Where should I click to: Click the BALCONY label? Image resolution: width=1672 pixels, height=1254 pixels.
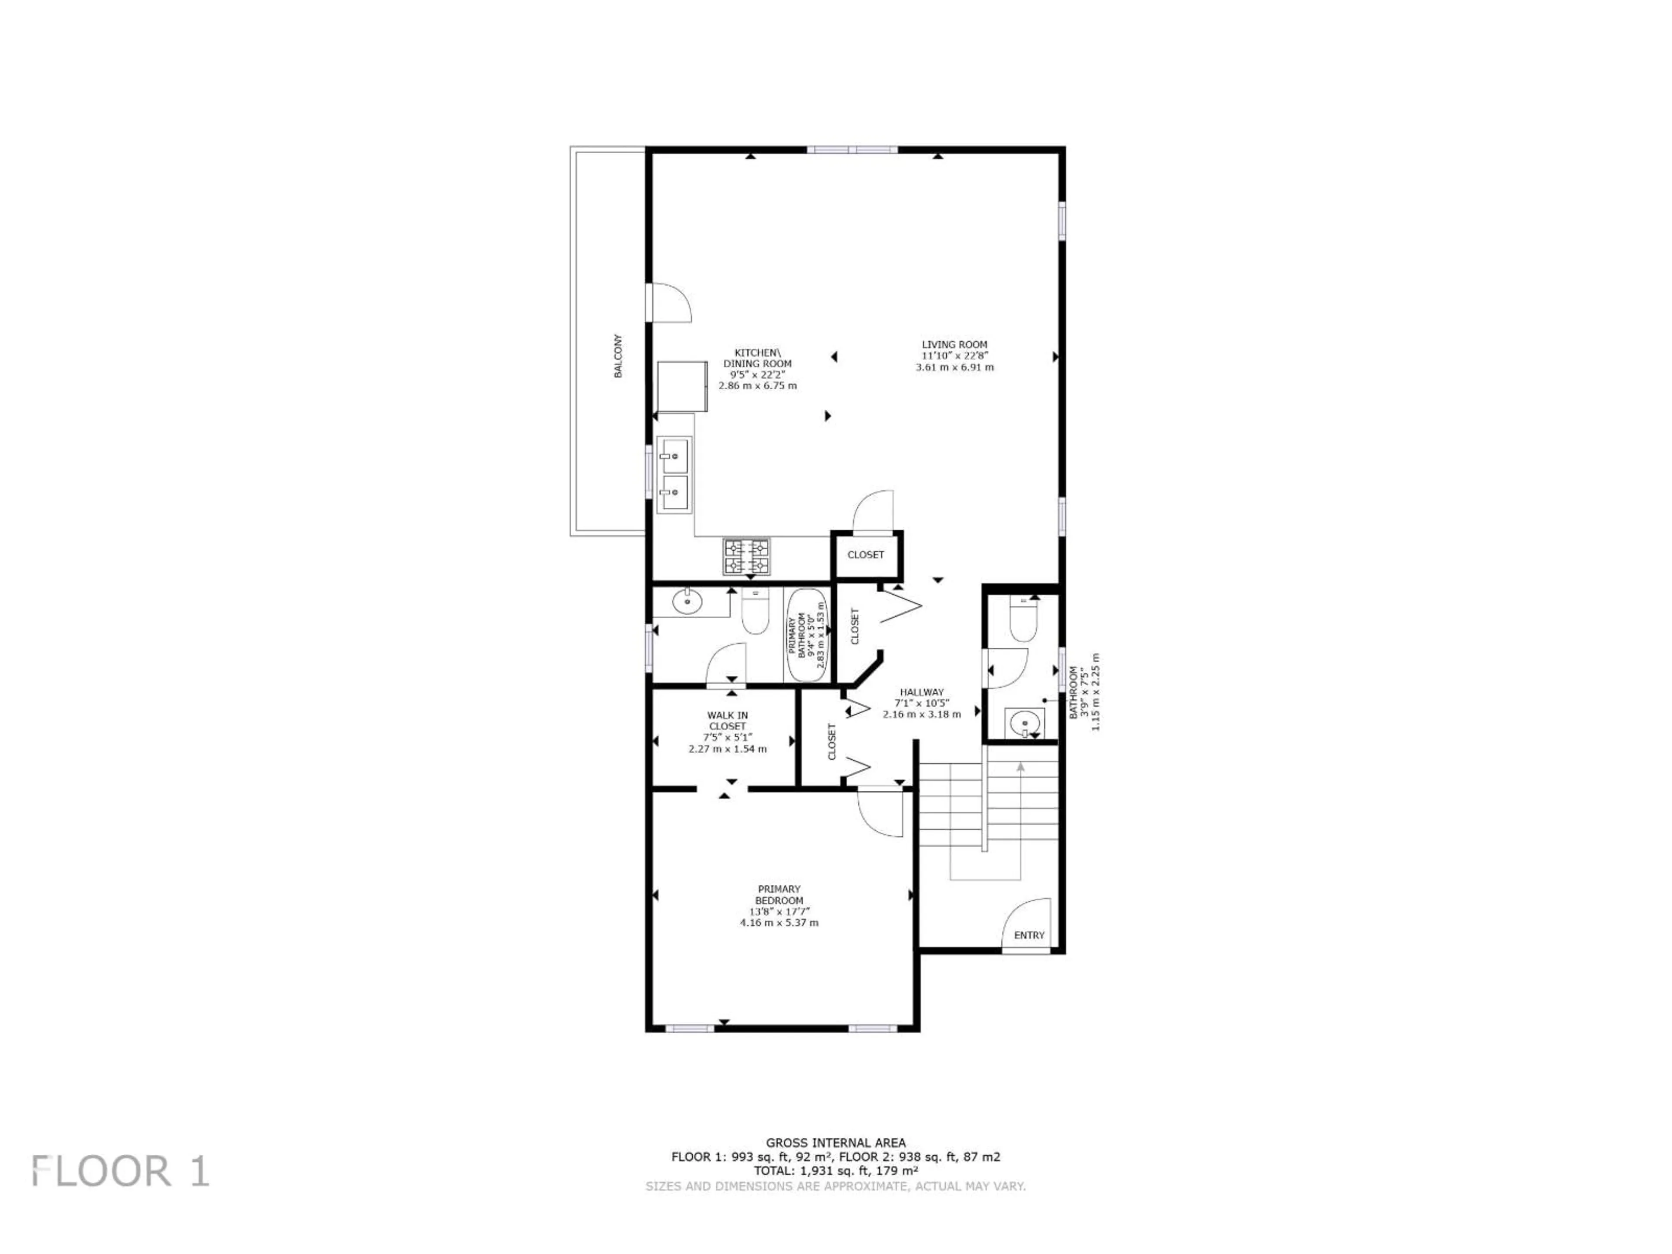tap(617, 356)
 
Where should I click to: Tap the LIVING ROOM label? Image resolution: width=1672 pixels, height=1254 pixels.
tap(954, 345)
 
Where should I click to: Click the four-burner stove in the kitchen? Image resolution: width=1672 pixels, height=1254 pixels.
tap(747, 556)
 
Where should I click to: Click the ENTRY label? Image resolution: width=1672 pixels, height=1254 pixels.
tap(1029, 935)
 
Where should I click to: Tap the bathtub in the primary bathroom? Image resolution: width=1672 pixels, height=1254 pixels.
tap(806, 635)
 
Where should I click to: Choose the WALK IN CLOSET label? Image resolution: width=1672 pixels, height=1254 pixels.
tap(727, 720)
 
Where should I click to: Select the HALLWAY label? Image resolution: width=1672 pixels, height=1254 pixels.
tap(921, 691)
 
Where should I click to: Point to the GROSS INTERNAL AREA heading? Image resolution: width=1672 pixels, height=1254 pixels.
tap(835, 1143)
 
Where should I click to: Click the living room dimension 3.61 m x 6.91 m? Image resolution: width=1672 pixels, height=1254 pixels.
tap(954, 367)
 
